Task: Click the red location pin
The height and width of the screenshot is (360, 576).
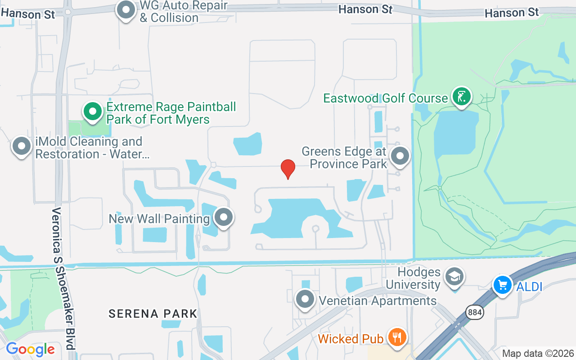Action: point(288,169)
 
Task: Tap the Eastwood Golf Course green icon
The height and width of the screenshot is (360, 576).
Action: point(461,97)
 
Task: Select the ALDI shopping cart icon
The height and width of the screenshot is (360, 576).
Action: point(502,285)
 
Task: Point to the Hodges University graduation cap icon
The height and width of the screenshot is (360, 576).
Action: point(454,277)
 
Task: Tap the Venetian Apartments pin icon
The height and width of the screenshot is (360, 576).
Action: point(305,299)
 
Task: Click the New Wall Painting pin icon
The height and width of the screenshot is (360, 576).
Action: point(223,217)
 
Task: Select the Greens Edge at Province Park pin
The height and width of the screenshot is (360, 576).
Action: point(400,156)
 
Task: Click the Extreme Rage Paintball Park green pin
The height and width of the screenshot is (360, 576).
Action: point(93,111)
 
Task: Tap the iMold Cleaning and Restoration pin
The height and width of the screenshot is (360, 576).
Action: point(21,146)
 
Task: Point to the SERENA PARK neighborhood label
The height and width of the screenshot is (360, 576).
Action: point(153,314)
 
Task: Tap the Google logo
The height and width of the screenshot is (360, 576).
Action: point(30,349)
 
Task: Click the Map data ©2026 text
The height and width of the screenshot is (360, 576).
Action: point(538,354)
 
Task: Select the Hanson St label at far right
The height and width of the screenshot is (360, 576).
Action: point(512,13)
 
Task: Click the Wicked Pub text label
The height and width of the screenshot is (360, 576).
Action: point(351,338)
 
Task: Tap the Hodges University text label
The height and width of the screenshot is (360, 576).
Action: point(413,279)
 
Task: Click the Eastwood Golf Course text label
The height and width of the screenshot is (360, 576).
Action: point(386,98)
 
